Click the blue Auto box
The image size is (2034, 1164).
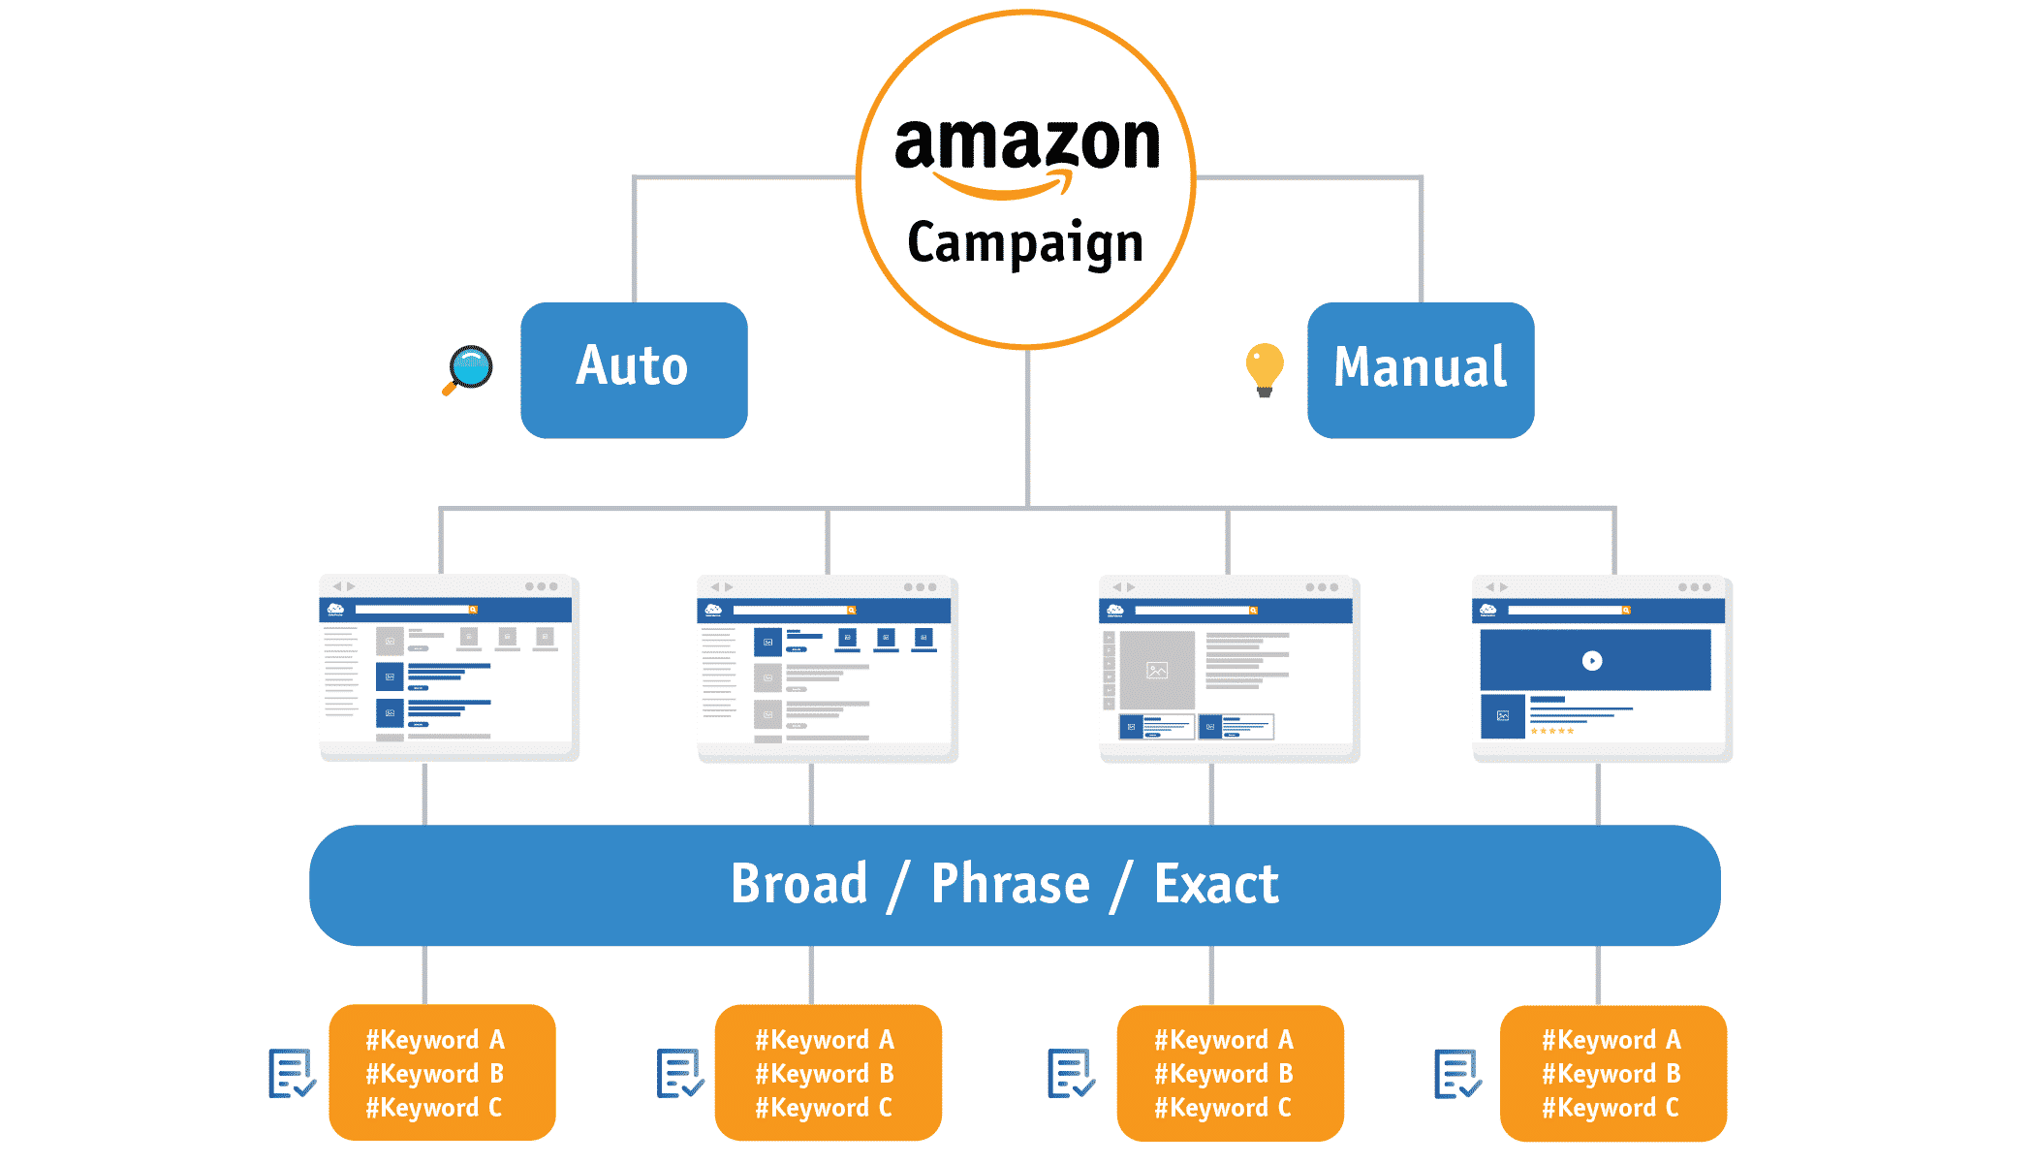coord(634,369)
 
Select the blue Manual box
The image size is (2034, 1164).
coord(1420,369)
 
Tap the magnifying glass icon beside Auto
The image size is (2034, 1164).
coord(469,369)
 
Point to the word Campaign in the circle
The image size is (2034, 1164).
coord(1024,243)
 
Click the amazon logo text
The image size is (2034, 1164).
coord(1026,143)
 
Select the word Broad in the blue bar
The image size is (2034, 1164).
coord(798,884)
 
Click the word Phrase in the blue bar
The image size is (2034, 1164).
coord(1010,884)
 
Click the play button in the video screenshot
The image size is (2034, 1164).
coord(1592,661)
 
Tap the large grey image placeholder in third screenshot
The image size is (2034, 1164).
coord(1156,670)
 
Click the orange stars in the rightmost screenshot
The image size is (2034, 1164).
coord(1551,731)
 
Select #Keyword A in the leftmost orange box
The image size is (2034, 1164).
coord(435,1040)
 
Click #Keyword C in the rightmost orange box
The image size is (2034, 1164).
coord(1610,1108)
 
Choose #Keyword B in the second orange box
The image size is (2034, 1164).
coord(825,1074)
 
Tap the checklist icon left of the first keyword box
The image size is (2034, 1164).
coord(291,1074)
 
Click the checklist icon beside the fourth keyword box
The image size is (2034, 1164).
coord(1456,1074)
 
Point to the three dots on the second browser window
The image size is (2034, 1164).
coord(920,587)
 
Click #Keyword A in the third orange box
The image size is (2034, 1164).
coord(1223,1040)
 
